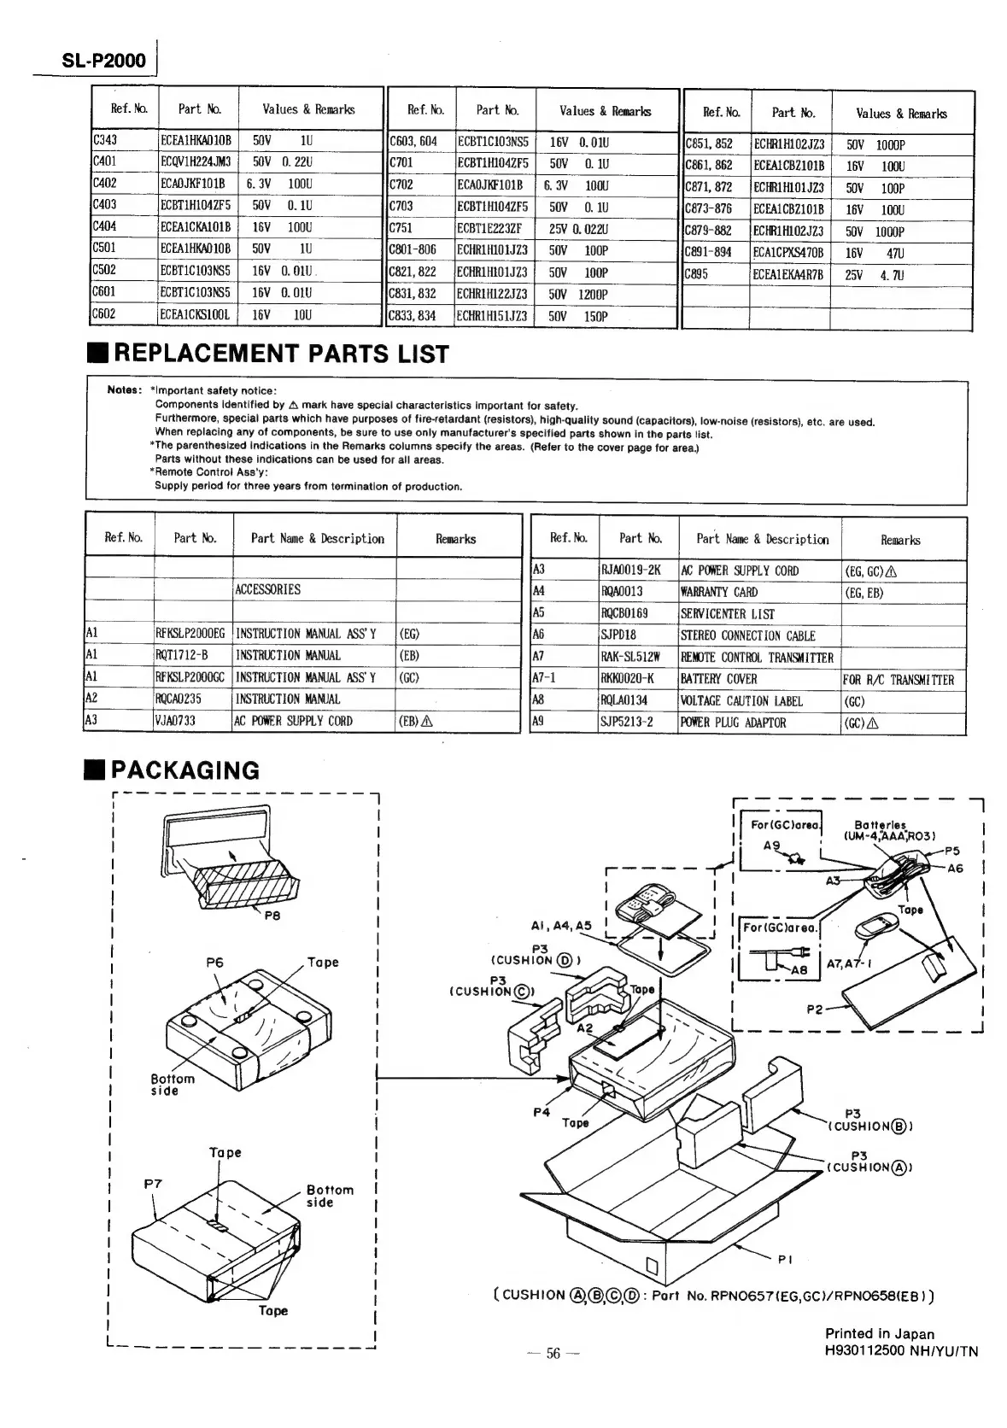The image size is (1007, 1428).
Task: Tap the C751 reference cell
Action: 402,228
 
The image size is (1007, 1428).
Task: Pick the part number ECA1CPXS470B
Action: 788,253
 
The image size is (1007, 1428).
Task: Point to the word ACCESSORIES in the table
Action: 268,589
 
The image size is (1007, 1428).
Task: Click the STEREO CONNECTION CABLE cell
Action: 747,635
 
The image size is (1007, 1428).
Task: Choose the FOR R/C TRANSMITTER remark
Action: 898,680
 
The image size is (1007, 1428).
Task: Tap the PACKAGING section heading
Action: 184,770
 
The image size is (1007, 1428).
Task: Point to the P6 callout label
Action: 214,963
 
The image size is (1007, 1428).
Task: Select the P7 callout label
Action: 153,1184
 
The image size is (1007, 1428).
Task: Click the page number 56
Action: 553,1354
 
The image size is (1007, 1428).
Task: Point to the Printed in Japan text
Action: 879,1334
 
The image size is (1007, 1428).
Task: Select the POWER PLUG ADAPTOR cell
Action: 733,723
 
